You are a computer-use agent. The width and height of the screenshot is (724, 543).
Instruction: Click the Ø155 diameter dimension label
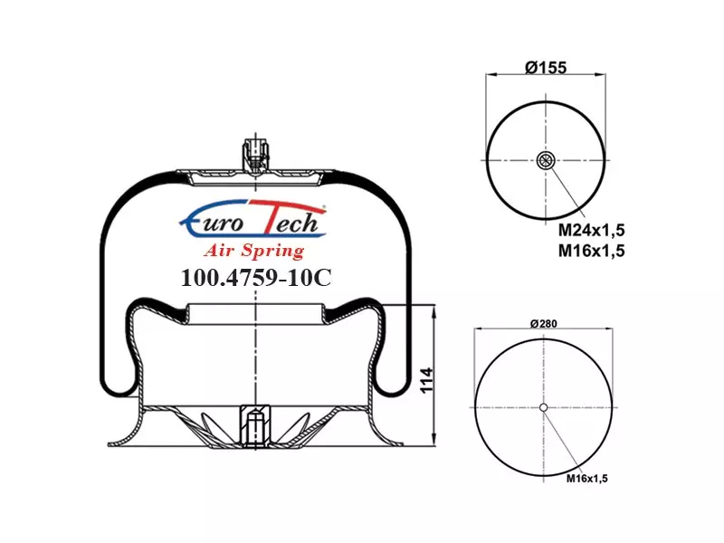pyautogui.click(x=546, y=67)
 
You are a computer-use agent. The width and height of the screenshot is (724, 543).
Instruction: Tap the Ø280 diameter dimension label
pyautogui.click(x=544, y=324)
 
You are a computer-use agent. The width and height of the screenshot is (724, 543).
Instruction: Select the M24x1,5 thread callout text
pyautogui.click(x=591, y=230)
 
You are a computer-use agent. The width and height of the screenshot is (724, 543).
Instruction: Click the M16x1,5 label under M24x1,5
pyautogui.click(x=591, y=251)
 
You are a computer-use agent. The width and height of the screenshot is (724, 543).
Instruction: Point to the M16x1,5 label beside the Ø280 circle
pyautogui.click(x=586, y=479)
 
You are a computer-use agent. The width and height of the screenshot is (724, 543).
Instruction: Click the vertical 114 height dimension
pyautogui.click(x=427, y=380)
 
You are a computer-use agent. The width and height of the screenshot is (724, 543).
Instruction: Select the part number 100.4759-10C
pyautogui.click(x=256, y=278)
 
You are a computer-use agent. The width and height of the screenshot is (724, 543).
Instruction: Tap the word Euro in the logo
pyautogui.click(x=213, y=223)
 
